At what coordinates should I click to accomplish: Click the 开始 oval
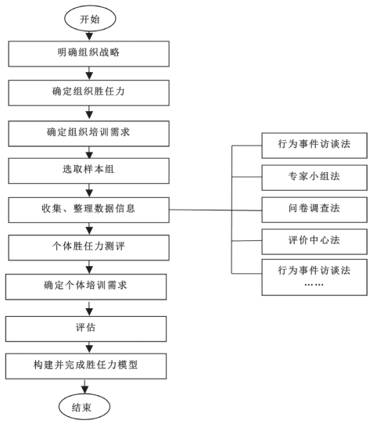pyautogui.click(x=90, y=19)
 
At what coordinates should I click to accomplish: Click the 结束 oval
pyautogui.click(x=84, y=407)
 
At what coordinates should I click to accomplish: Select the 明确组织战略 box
pyautogui.click(x=88, y=54)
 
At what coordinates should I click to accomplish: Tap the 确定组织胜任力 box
pyautogui.click(x=88, y=93)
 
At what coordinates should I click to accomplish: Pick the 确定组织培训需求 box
pyautogui.click(x=88, y=134)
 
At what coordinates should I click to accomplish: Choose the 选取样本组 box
pyautogui.click(x=88, y=171)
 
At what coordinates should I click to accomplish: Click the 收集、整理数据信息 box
pyautogui.click(x=88, y=210)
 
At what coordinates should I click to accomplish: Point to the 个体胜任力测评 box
pyautogui.click(x=88, y=247)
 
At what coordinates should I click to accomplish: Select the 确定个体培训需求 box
pyautogui.click(x=86, y=287)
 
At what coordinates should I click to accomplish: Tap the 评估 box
pyautogui.click(x=86, y=329)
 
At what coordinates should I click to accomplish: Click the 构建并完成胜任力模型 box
pyautogui.click(x=86, y=366)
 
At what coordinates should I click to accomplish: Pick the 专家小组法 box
pyautogui.click(x=314, y=178)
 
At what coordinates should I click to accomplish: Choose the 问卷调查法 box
pyautogui.click(x=314, y=210)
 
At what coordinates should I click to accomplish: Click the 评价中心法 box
pyautogui.click(x=314, y=242)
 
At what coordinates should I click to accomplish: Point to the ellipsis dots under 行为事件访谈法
pyautogui.click(x=314, y=285)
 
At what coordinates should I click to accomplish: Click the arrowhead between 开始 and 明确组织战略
pyautogui.click(x=89, y=37)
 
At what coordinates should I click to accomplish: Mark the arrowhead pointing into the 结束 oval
pyautogui.click(x=85, y=390)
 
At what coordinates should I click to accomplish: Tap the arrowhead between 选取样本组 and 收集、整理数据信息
pyautogui.click(x=89, y=193)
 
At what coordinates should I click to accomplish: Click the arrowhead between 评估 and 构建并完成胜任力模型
pyautogui.click(x=89, y=349)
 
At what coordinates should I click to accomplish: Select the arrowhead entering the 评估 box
pyautogui.click(x=89, y=312)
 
